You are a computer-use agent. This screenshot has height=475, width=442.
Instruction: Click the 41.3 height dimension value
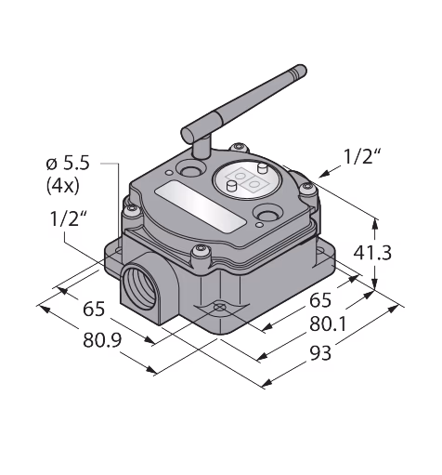[372, 253]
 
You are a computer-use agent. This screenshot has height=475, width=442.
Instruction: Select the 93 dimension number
[320, 353]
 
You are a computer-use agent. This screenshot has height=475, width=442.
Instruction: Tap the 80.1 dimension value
[328, 324]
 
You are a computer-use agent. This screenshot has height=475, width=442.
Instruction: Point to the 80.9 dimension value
[102, 340]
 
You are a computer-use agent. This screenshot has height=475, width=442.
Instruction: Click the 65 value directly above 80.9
[94, 309]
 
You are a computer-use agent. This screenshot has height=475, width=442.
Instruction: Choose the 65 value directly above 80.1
[320, 300]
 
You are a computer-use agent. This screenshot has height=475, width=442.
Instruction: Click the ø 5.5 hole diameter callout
[68, 163]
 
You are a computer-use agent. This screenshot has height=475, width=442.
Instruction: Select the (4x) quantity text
[63, 186]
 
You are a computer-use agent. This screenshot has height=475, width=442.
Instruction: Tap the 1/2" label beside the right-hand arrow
[362, 157]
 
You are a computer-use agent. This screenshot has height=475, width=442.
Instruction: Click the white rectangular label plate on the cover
[201, 206]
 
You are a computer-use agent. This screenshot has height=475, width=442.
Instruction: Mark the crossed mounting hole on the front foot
[219, 307]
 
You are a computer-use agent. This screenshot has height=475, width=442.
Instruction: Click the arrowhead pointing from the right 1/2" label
[324, 175]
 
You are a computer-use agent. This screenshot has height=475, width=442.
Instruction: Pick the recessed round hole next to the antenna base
[190, 170]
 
